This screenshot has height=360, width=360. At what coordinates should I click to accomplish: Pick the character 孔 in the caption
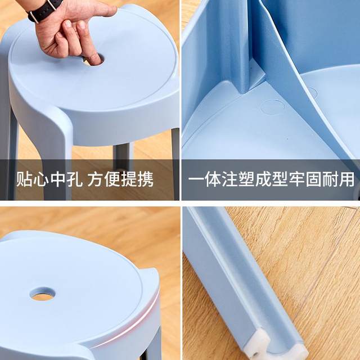click(74, 180)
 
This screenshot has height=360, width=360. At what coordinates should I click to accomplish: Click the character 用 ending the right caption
click(347, 180)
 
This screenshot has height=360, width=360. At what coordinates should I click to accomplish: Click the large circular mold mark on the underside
click(273, 106)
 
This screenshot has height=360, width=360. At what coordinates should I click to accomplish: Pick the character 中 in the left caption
click(57, 180)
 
